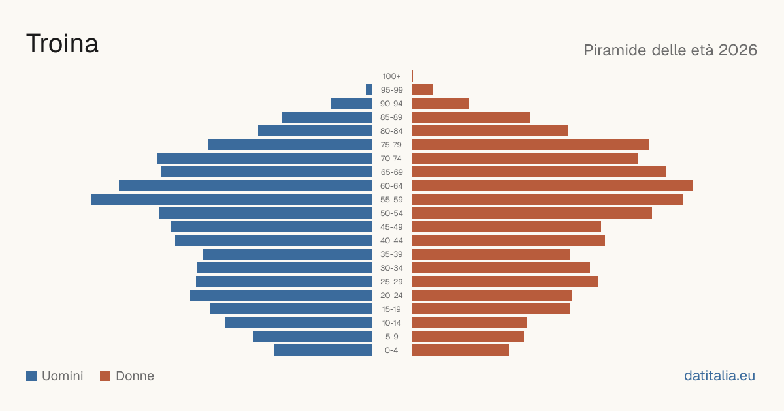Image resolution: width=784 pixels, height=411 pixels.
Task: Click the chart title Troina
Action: (x=62, y=44)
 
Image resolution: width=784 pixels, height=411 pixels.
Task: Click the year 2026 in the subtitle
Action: (x=738, y=50)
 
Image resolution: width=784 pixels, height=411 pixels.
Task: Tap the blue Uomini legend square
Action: (x=31, y=376)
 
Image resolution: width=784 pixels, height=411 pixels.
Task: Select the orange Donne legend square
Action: (x=105, y=376)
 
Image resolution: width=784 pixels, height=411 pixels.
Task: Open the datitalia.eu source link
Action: (x=719, y=376)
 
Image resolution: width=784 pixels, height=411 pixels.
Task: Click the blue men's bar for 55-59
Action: (x=232, y=199)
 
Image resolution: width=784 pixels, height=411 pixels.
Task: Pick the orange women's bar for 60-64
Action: (x=552, y=185)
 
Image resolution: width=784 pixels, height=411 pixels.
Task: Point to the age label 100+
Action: (x=391, y=76)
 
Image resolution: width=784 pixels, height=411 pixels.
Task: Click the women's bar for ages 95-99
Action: (x=422, y=90)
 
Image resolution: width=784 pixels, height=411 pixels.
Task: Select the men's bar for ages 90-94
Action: (x=351, y=104)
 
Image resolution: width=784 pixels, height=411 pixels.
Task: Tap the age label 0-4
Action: (x=391, y=350)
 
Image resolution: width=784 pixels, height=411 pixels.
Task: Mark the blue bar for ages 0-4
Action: (x=323, y=350)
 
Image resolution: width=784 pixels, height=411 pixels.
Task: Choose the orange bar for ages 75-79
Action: (x=531, y=145)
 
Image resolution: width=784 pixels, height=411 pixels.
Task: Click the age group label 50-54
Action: (x=391, y=213)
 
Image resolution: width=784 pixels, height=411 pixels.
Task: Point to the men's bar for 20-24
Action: (x=281, y=296)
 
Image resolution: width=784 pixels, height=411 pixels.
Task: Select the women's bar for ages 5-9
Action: (x=468, y=337)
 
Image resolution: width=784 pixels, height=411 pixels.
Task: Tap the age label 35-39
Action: (x=391, y=254)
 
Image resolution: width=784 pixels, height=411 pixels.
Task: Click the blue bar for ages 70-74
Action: (x=265, y=159)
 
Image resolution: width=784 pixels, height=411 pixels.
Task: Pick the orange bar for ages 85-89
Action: (x=471, y=117)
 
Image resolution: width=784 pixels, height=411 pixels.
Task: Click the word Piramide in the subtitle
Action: (x=615, y=50)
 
